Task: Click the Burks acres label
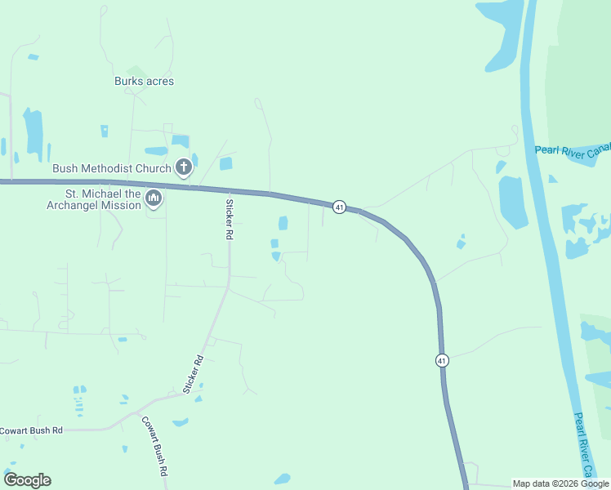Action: (x=144, y=82)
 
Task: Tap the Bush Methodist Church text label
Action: (x=112, y=169)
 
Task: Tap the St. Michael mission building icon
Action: (x=154, y=198)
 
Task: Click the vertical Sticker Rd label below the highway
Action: (x=230, y=219)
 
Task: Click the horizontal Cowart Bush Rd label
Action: (x=31, y=430)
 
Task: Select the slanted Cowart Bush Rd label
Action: (x=154, y=447)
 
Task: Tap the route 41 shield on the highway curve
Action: (x=339, y=207)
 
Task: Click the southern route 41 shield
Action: (x=442, y=360)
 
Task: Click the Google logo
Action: (x=27, y=480)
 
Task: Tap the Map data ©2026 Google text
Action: (x=560, y=483)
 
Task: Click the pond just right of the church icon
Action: (x=225, y=164)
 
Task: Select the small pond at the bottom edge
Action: (x=282, y=479)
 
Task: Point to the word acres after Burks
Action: (x=159, y=82)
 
